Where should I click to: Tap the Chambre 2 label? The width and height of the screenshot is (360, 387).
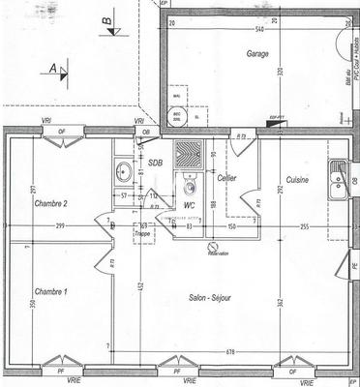coord(51,203)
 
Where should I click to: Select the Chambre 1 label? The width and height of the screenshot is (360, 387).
coord(51,291)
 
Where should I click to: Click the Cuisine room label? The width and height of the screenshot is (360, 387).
coord(297,180)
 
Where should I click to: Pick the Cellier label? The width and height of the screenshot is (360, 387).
coord(227,179)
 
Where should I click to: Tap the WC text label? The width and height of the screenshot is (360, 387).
coord(190,205)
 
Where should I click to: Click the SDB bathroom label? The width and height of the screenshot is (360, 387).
coord(155,162)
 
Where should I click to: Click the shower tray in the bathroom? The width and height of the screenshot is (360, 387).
coord(192,156)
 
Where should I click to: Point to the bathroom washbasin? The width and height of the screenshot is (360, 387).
coord(123,173)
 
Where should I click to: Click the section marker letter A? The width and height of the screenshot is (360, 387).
coord(51,69)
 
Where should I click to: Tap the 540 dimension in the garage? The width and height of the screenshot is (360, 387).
coord(259,30)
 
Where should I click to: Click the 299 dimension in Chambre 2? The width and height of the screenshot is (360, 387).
coord(60,225)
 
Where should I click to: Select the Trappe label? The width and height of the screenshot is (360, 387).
coord(142,233)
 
